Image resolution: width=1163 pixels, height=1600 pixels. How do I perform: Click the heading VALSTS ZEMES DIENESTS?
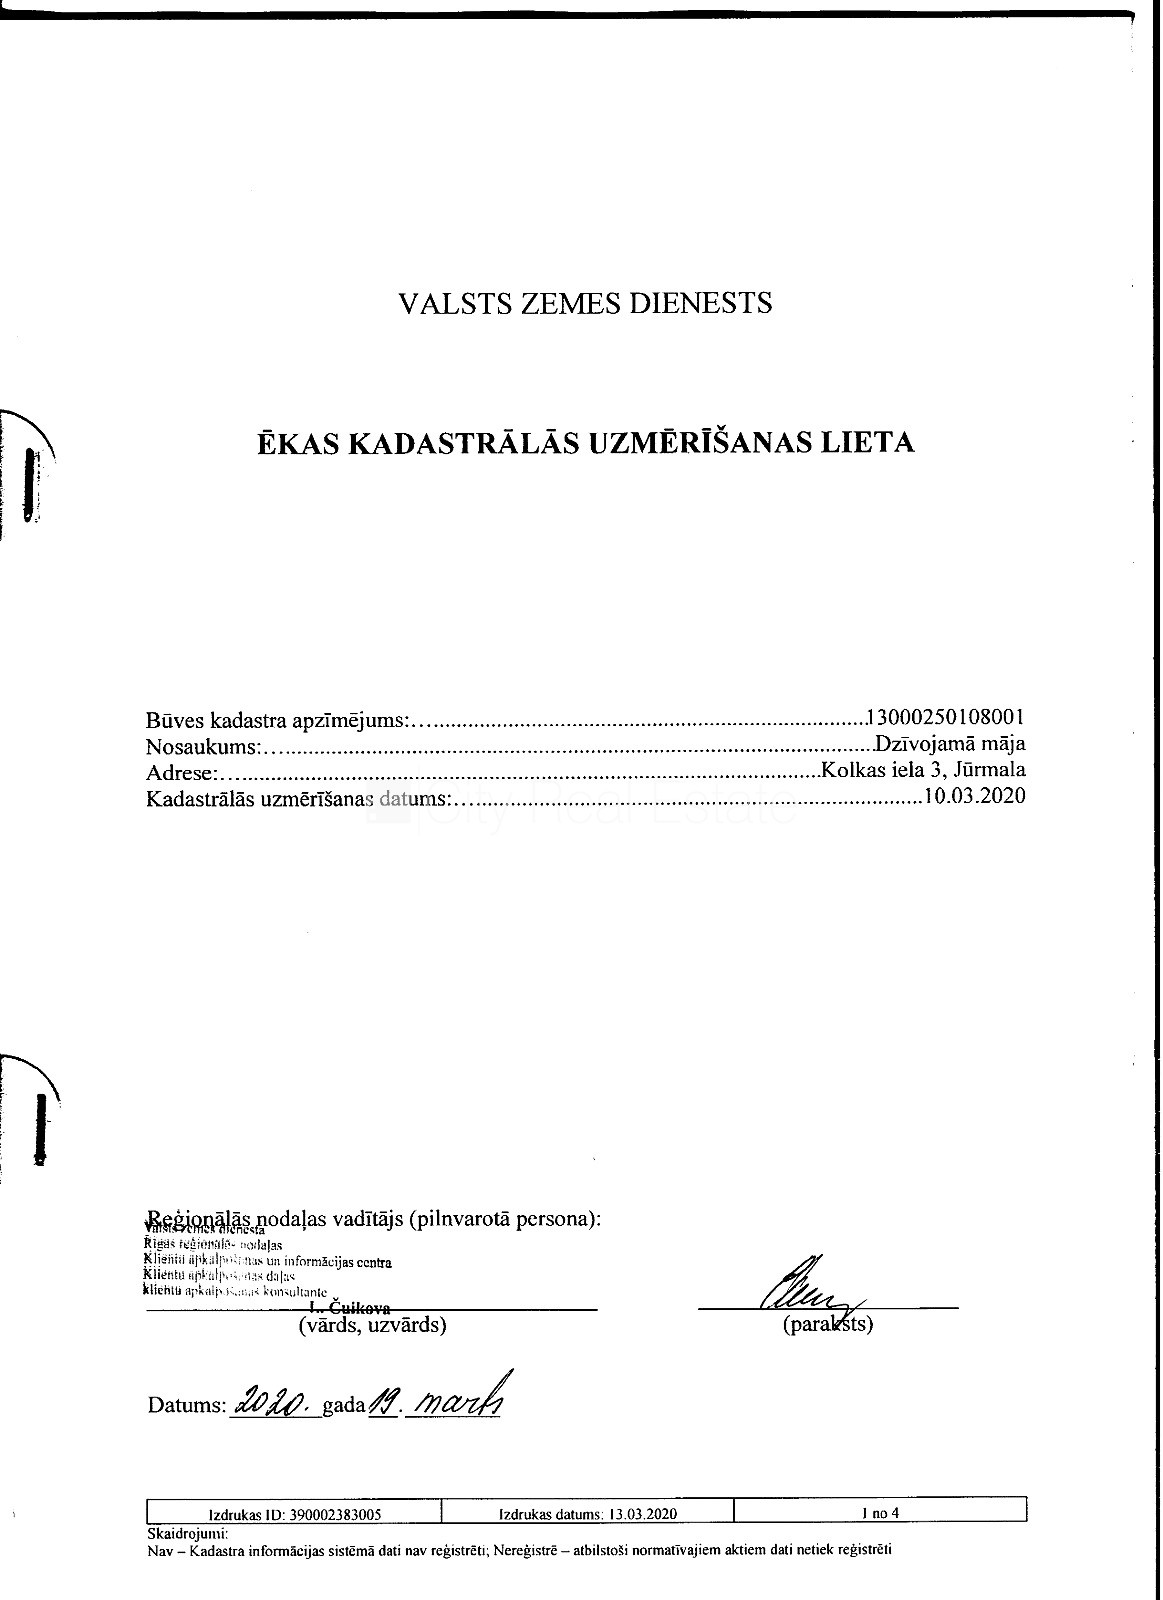pos(585,303)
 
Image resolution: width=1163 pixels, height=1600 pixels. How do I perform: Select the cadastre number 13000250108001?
pos(947,718)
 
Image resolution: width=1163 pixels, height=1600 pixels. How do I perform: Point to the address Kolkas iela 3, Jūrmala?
pos(922,770)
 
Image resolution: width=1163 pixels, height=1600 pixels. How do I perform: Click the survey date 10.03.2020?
pos(975,796)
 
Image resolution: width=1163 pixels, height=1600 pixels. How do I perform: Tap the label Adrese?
pos(180,772)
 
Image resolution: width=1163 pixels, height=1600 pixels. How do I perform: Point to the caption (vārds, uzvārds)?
pos(372,1326)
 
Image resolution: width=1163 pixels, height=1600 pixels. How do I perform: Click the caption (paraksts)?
pos(828,1326)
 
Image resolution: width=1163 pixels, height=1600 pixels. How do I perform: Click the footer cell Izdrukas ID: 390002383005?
pos(294,1514)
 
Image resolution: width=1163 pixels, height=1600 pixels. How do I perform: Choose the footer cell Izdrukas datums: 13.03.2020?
pos(587,1514)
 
